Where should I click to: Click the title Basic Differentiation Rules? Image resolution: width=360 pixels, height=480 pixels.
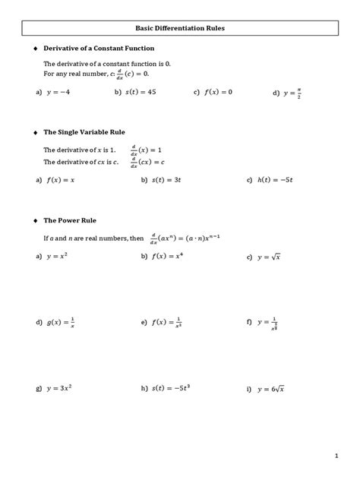click(x=180, y=28)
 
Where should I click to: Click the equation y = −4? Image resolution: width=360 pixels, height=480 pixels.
click(x=59, y=92)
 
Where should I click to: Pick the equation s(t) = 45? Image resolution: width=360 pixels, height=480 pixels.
click(x=140, y=92)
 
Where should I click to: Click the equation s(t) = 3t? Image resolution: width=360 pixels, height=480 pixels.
click(x=169, y=180)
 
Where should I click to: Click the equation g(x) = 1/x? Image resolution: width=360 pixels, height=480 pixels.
click(x=59, y=323)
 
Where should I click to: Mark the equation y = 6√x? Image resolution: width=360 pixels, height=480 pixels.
click(x=271, y=388)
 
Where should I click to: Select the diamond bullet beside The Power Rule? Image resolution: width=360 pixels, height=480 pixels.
click(x=34, y=220)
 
